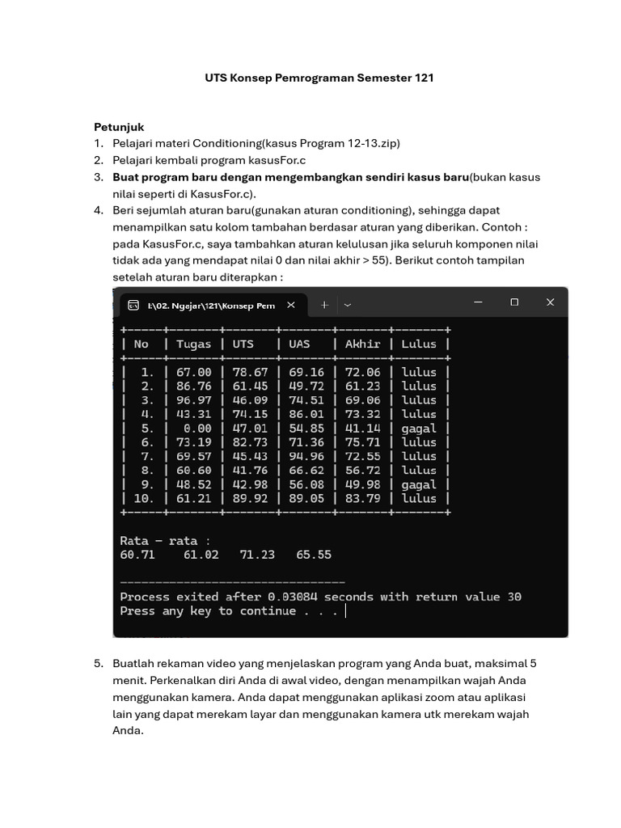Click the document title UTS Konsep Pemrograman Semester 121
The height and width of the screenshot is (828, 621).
click(x=319, y=78)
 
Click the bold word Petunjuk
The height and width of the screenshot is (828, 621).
click(x=119, y=127)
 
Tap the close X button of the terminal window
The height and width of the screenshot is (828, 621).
click(x=550, y=302)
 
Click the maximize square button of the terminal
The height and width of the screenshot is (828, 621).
click(x=514, y=302)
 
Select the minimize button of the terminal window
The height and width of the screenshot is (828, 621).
click(x=478, y=302)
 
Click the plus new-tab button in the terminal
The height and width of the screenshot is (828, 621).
click(x=324, y=305)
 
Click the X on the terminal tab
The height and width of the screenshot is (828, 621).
click(x=291, y=305)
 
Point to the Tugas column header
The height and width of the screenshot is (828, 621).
click(x=193, y=344)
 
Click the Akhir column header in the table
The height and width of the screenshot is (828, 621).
click(x=362, y=344)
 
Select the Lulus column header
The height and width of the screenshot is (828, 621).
click(x=419, y=344)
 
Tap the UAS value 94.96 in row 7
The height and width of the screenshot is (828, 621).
click(x=306, y=456)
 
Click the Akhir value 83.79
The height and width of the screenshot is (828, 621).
click(x=362, y=499)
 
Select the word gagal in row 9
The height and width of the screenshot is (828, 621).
click(x=419, y=484)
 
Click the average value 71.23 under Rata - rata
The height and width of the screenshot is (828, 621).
click(x=257, y=555)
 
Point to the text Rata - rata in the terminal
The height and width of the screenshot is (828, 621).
click(x=165, y=540)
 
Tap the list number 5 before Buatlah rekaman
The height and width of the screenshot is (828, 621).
click(x=98, y=663)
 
